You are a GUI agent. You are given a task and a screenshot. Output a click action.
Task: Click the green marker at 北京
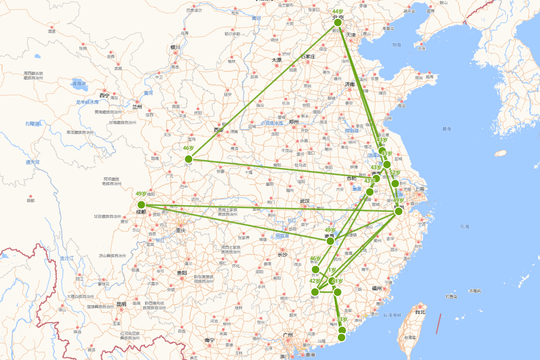(x=338, y=22)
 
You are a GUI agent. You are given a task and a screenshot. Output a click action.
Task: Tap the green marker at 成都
(x=141, y=205)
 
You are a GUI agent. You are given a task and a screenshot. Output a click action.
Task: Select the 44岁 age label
(x=337, y=11)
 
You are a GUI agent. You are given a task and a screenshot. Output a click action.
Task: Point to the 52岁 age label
(x=395, y=173)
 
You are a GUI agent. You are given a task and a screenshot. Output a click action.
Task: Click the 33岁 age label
(x=342, y=319)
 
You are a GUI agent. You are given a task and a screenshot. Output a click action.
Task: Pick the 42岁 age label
(x=315, y=281)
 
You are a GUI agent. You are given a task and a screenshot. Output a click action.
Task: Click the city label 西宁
(x=104, y=95)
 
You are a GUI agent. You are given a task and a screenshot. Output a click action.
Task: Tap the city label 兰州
(x=137, y=107)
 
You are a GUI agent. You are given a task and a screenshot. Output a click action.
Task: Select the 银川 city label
(x=175, y=47)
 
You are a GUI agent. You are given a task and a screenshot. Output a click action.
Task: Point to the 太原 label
(x=276, y=60)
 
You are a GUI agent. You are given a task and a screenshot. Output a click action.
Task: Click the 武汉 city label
(x=305, y=201)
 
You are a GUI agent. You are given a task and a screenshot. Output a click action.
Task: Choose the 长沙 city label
(x=282, y=255)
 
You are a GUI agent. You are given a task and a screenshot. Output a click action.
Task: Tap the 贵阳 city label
(x=182, y=273)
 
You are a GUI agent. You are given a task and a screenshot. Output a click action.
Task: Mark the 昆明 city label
(x=121, y=304)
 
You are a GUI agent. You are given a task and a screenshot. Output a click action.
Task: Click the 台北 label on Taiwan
(x=420, y=312)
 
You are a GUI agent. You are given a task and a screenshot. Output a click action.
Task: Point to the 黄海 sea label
(x=446, y=129)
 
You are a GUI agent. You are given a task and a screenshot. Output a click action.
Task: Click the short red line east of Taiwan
(x=438, y=324)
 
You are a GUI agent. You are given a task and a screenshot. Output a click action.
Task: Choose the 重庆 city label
(x=181, y=230)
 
